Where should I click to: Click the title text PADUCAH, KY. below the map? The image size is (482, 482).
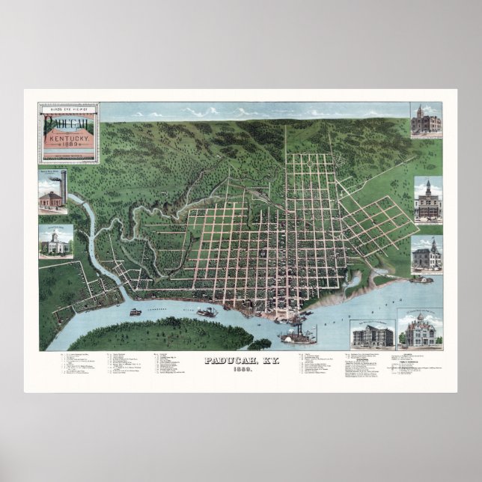pos(240,360)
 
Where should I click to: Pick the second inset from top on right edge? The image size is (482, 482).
pos(427,200)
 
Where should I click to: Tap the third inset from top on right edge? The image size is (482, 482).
pos(427,255)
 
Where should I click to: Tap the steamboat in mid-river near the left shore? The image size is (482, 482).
pos(206,311)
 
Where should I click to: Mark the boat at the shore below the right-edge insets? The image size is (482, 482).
pos(421,280)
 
